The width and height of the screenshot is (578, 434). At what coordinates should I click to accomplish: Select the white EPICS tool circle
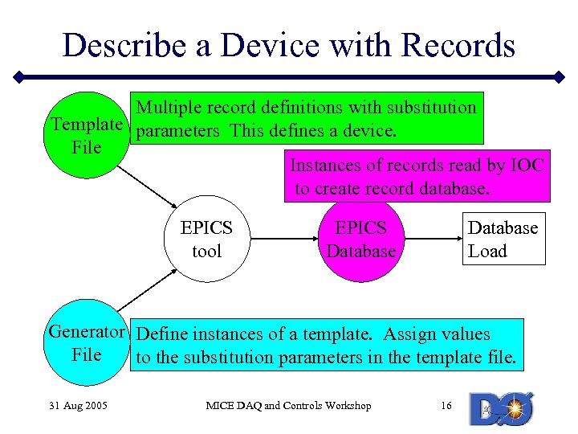(206, 240)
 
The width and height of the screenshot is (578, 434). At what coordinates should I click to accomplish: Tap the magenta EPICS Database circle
(360, 240)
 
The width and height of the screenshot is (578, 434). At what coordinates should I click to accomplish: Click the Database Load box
(503, 239)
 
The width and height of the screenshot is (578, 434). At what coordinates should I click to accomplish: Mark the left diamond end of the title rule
(18, 78)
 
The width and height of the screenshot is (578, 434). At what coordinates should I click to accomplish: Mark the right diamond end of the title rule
(560, 78)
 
